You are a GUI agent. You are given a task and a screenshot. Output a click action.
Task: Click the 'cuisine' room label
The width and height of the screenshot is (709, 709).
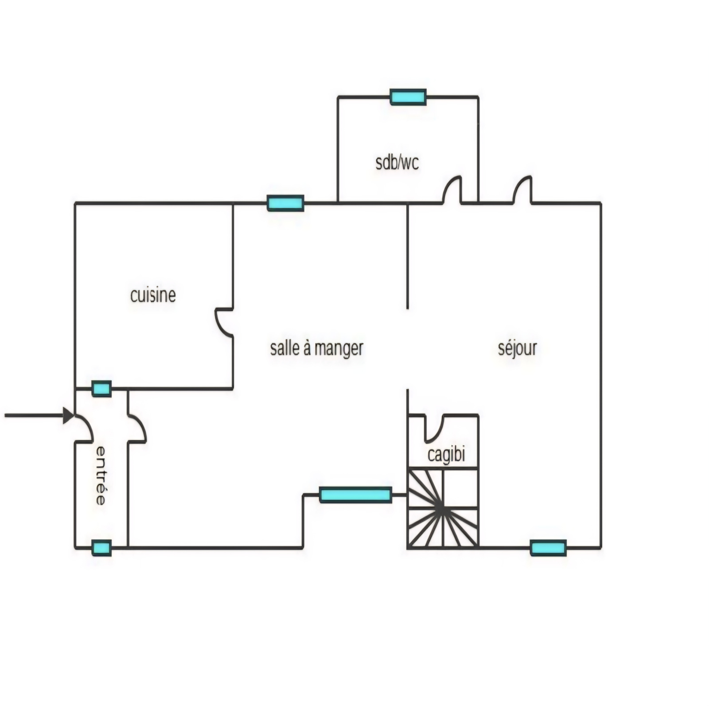click(153, 296)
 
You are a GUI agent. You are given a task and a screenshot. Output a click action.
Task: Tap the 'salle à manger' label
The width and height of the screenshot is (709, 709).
click(317, 348)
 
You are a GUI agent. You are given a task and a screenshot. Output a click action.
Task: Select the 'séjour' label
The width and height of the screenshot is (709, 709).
click(518, 348)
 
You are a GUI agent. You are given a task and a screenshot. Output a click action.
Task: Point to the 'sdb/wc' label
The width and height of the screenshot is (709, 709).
click(397, 163)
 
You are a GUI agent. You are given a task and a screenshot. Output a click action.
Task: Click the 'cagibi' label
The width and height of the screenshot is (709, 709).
click(446, 455)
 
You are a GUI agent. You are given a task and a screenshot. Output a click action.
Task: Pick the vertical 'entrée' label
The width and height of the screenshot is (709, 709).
click(101, 475)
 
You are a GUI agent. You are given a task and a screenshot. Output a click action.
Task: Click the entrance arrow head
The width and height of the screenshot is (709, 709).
click(69, 416)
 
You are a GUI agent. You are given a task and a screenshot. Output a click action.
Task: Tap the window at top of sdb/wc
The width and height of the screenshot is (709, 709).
click(408, 97)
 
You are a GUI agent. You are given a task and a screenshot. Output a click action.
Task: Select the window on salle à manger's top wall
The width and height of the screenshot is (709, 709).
click(286, 203)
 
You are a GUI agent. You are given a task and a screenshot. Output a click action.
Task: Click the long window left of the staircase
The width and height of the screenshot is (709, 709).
click(355, 495)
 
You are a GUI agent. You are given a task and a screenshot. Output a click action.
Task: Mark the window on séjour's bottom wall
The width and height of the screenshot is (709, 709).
click(549, 548)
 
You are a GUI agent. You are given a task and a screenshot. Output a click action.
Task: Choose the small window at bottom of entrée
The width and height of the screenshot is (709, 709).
click(101, 548)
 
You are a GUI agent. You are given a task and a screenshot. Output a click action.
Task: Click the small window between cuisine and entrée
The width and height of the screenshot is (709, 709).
click(101, 389)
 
